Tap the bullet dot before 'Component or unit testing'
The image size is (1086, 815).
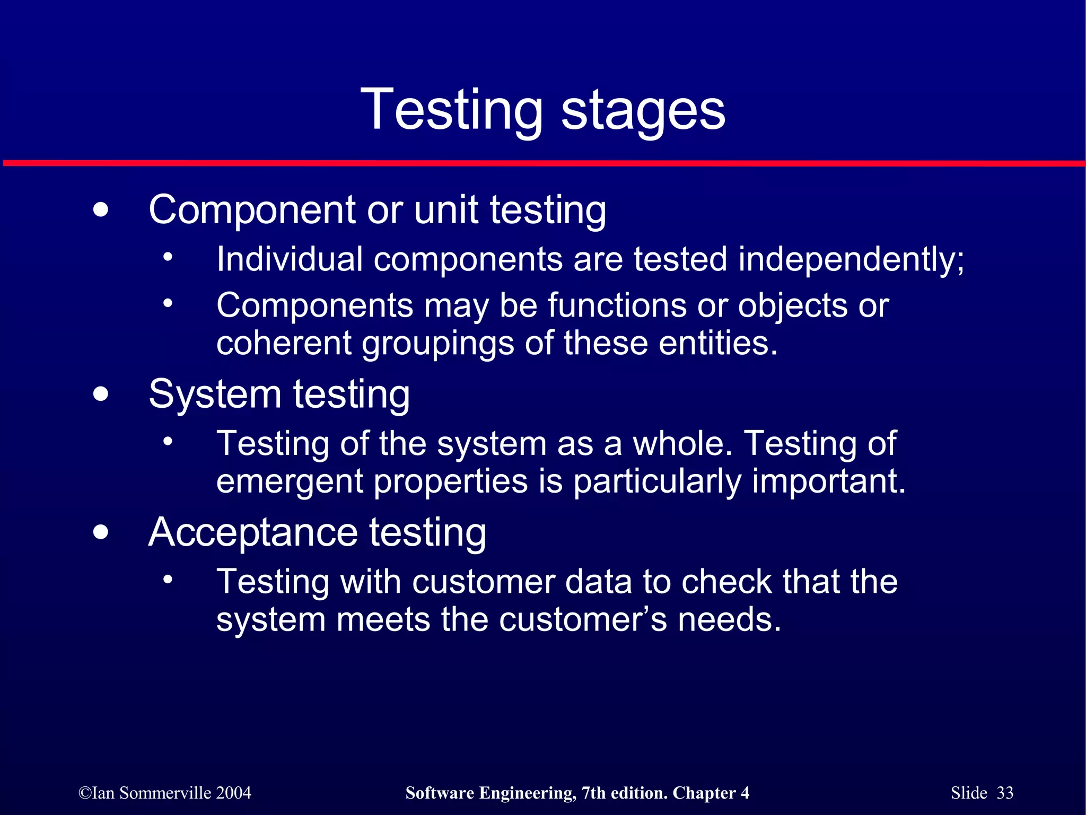(100, 210)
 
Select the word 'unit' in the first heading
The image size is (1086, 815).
(445, 210)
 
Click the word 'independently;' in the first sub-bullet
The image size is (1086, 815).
(851, 260)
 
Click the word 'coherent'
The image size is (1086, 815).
(284, 343)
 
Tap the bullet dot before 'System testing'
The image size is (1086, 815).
(100, 395)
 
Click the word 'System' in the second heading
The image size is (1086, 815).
(215, 395)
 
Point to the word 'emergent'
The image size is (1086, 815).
(290, 481)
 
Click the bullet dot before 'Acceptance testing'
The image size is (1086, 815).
(100, 532)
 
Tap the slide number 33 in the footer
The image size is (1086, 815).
(1005, 793)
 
